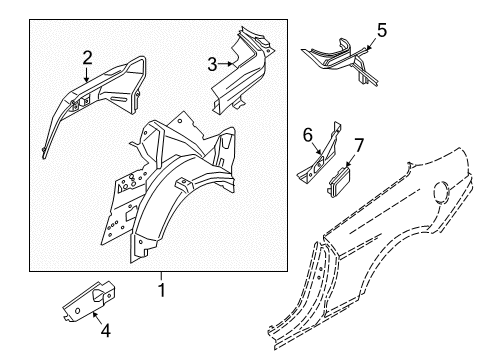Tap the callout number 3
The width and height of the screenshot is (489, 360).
coord(212,65)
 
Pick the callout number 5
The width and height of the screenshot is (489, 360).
coord(379,30)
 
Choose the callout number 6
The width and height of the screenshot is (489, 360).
coord(309,133)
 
